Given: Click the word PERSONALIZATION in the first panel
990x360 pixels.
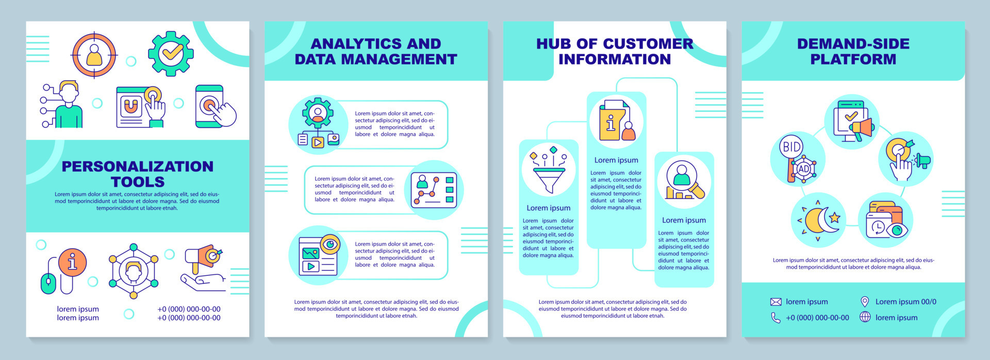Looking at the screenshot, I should click(137, 167).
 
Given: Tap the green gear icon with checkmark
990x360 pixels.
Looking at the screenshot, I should click(171, 53).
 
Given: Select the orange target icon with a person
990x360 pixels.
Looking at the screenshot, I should click(94, 55).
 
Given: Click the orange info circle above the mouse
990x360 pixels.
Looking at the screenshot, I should click(72, 262).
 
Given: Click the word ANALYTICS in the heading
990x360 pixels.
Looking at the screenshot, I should click(346, 44).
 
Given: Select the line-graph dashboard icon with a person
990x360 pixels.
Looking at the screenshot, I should click(434, 190).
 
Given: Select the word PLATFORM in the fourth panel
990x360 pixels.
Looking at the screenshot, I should click(853, 59).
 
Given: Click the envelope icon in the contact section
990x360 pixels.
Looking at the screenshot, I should click(775, 302).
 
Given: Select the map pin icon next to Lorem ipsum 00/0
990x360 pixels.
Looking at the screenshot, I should click(865, 302).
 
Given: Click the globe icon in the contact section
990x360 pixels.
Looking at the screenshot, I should click(865, 317).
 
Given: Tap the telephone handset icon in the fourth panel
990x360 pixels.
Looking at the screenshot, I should click(775, 318).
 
